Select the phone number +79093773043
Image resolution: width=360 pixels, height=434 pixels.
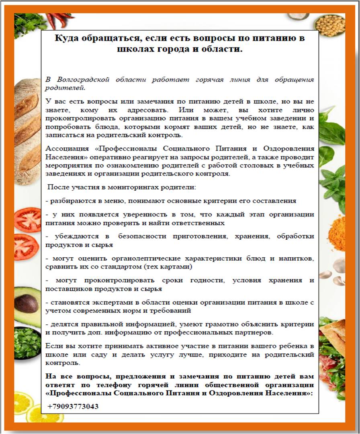coord(73,406)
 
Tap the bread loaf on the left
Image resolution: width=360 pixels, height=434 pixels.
coord(27,128)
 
